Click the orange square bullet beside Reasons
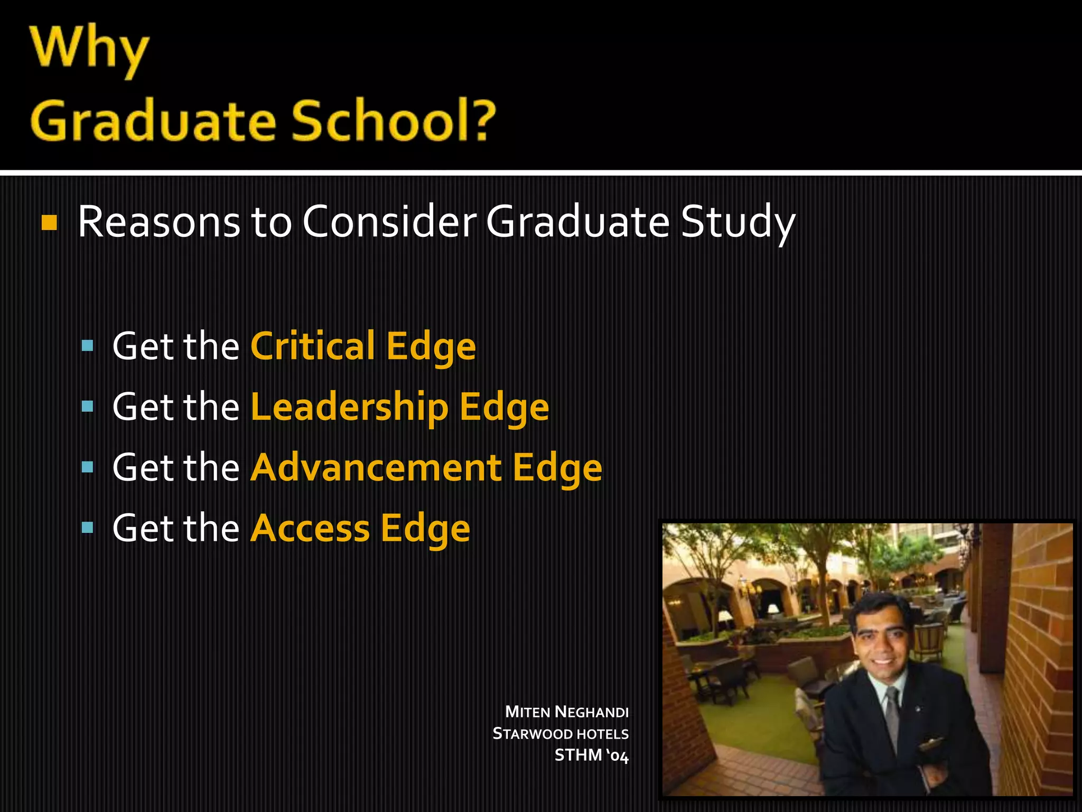[x=49, y=223]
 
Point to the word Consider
[x=389, y=222]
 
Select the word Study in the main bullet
[x=738, y=223]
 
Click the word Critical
[x=313, y=346]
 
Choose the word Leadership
[x=349, y=407]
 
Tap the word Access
[x=310, y=528]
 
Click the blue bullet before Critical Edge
[x=88, y=347]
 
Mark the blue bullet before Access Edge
[x=88, y=528]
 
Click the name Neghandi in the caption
[x=592, y=712]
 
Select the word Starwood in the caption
[x=533, y=734]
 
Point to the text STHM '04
[x=591, y=755]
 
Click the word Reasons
[x=158, y=222]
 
